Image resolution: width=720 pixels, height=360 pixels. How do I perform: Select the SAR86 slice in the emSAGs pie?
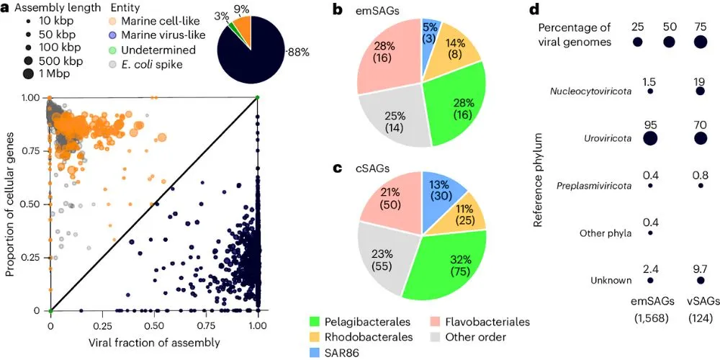(431, 31)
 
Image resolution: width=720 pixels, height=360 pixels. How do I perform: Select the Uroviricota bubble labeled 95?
(650, 138)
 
